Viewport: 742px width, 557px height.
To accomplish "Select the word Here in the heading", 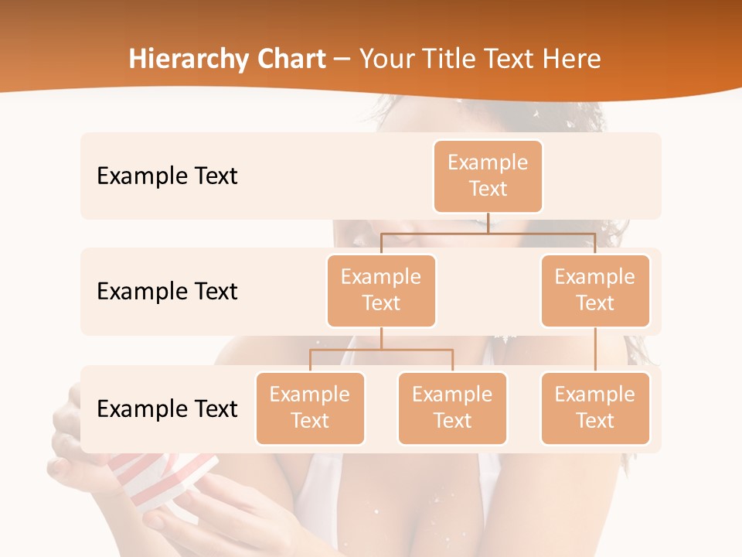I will click(x=570, y=60).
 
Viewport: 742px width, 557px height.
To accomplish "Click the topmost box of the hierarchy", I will click(x=488, y=176).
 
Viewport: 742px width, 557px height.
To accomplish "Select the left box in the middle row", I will click(x=381, y=290).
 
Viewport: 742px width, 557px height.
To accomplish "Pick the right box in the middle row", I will click(x=595, y=290).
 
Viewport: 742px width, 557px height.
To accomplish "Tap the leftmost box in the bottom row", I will click(x=310, y=408).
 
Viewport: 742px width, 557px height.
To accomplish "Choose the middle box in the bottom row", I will click(x=452, y=408).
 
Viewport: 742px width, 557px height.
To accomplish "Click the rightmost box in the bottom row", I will click(x=595, y=408).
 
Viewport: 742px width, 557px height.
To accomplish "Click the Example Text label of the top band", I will click(x=167, y=176).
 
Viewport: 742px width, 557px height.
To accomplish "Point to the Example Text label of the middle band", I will click(x=167, y=292).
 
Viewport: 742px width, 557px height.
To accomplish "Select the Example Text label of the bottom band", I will click(x=167, y=409).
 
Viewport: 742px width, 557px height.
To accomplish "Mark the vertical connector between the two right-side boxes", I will click(x=595, y=350).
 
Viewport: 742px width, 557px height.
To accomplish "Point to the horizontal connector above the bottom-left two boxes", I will click(x=381, y=350).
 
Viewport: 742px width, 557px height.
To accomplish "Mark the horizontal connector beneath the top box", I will click(x=488, y=232).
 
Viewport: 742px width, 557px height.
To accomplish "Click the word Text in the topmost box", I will click(x=488, y=189).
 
